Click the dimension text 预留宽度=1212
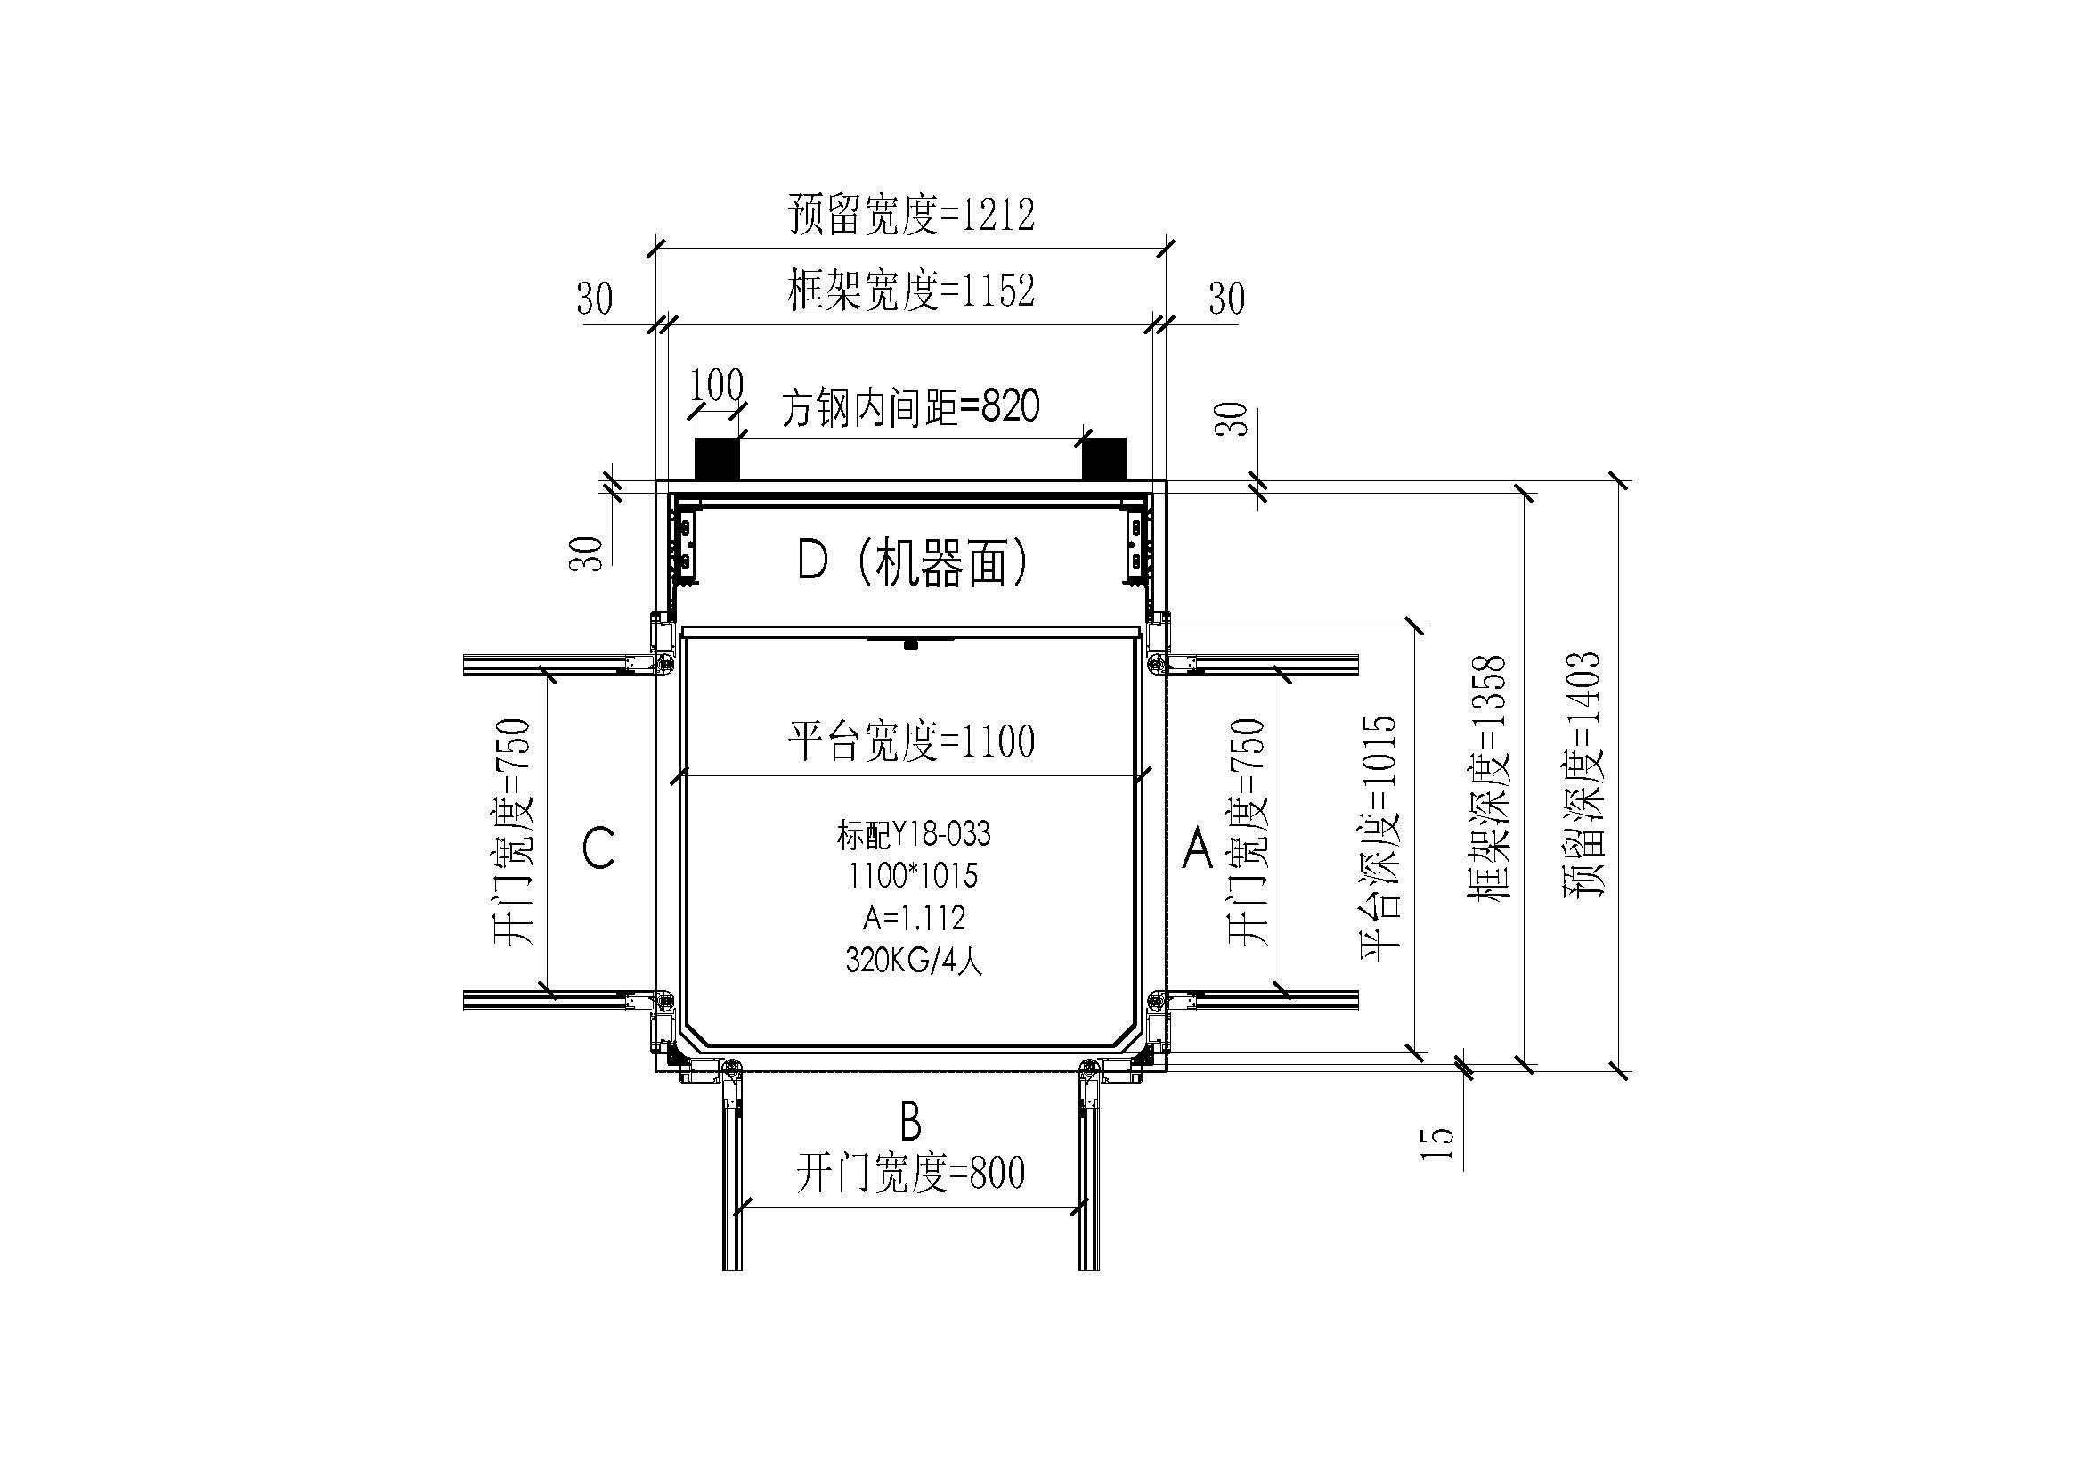coord(911,215)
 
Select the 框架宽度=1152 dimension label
coord(911,291)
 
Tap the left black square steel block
coord(717,458)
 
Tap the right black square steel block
coord(1104,458)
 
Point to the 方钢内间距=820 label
coord(910,407)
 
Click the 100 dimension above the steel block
coord(718,387)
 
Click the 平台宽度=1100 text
coord(911,741)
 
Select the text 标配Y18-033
coord(913,834)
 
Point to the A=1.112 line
coord(913,919)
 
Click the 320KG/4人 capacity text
coord(914,961)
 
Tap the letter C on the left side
coord(598,848)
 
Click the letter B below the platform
coord(910,1121)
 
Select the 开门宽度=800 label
coord(910,1174)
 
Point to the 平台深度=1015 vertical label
coord(1379,838)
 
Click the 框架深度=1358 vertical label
coord(1488,777)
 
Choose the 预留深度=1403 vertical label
coord(1583,774)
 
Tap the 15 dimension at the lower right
coord(1437,1142)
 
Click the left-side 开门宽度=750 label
coord(513,831)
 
